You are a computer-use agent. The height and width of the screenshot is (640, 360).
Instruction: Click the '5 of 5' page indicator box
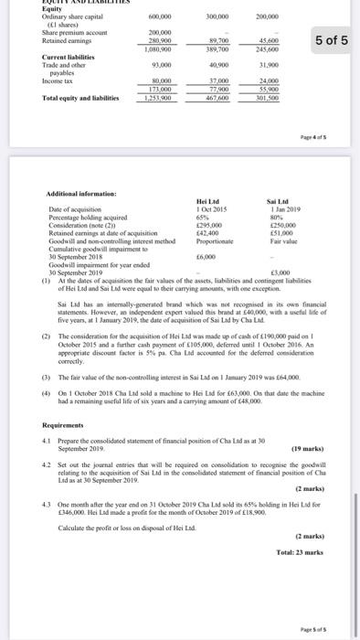click(x=330, y=41)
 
